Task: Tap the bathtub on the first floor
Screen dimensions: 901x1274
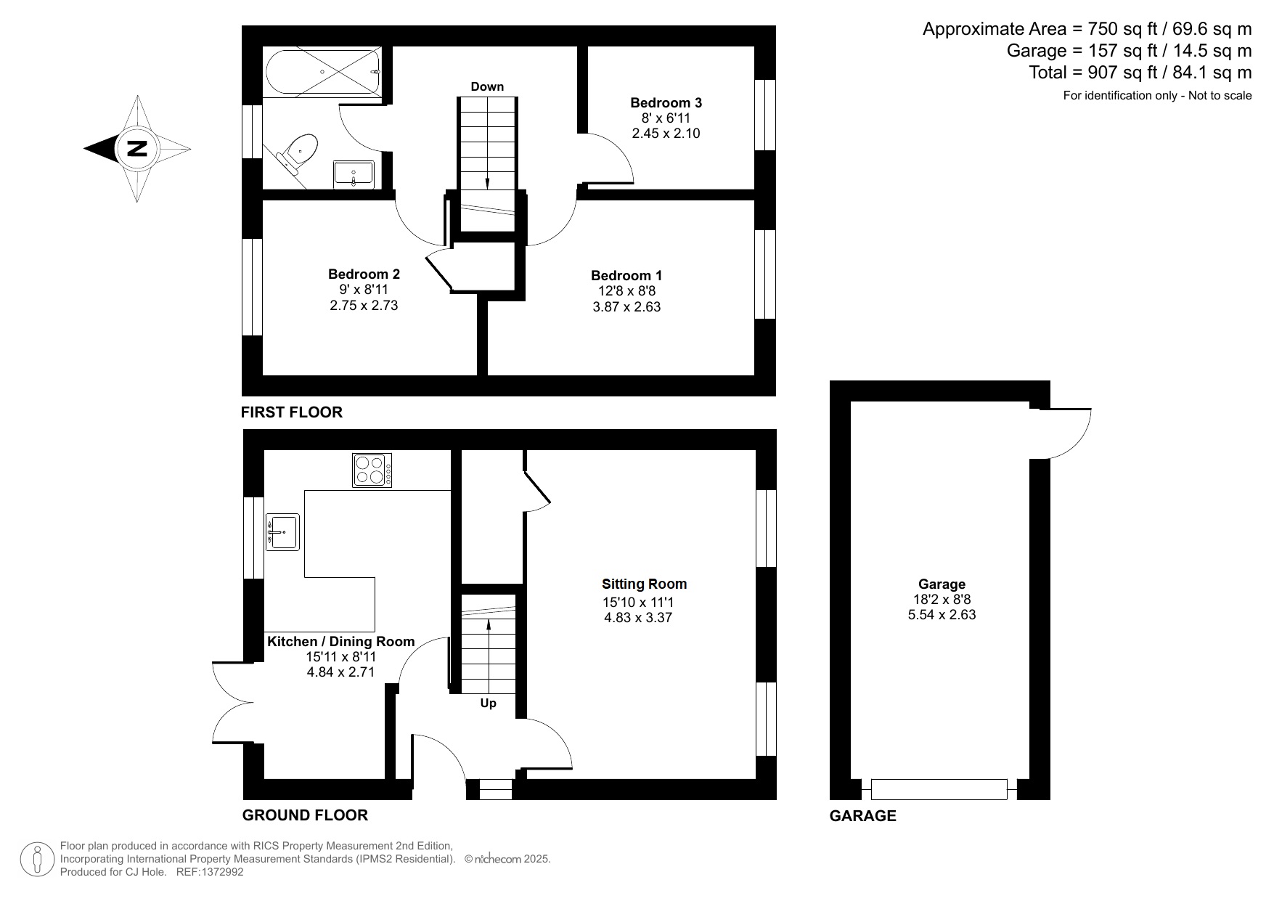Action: pyautogui.click(x=322, y=73)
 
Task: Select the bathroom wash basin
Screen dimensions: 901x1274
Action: pyautogui.click(x=354, y=175)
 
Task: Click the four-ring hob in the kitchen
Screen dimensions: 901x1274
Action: pyautogui.click(x=372, y=470)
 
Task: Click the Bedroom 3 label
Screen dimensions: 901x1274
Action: pyautogui.click(x=666, y=102)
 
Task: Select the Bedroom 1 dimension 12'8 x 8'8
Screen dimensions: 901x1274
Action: pyautogui.click(x=626, y=291)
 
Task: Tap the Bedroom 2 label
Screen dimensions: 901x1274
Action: pyautogui.click(x=364, y=274)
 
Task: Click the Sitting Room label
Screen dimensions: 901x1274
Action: pyautogui.click(x=644, y=584)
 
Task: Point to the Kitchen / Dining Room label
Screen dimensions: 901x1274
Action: pyautogui.click(x=340, y=641)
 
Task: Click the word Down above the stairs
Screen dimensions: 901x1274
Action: pyautogui.click(x=486, y=86)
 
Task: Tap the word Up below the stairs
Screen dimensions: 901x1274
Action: pyautogui.click(x=488, y=703)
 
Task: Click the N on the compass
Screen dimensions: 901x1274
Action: pyautogui.click(x=136, y=149)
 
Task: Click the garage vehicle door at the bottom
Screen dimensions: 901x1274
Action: pyautogui.click(x=939, y=789)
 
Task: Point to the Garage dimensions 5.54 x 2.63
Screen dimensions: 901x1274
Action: pyautogui.click(x=942, y=615)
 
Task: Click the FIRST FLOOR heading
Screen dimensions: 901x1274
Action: pyautogui.click(x=291, y=412)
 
